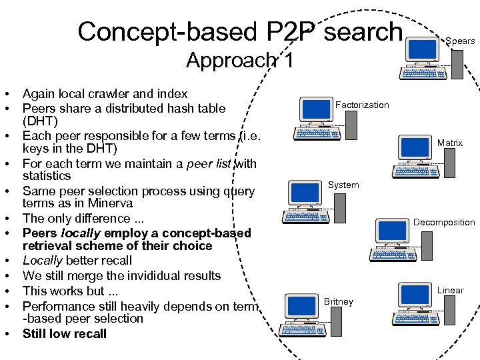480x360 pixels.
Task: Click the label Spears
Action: click(x=460, y=41)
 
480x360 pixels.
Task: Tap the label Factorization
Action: click(x=362, y=105)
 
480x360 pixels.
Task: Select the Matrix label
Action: click(x=450, y=143)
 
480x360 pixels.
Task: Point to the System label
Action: click(x=343, y=185)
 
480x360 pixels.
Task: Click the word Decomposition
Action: click(x=444, y=222)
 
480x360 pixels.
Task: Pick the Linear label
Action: click(x=450, y=290)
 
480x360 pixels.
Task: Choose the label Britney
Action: click(x=338, y=301)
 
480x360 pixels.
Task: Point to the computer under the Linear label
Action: click(x=420, y=303)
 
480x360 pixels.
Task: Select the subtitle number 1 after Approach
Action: click(x=287, y=60)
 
